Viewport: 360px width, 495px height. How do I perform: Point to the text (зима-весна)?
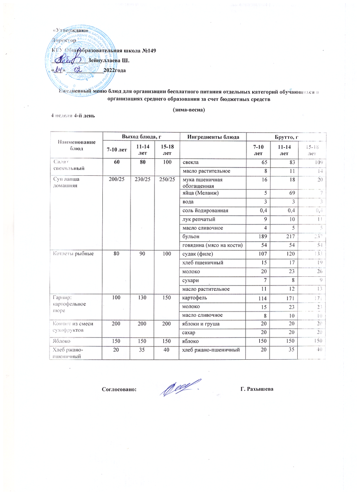click(x=188, y=110)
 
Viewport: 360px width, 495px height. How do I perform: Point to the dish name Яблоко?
click(x=61, y=342)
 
